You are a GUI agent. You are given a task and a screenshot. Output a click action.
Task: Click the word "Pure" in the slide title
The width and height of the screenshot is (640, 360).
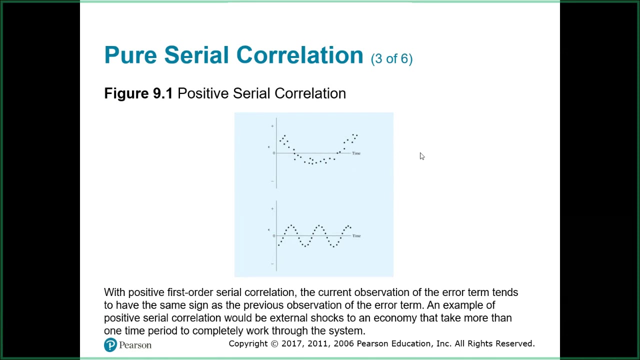130,55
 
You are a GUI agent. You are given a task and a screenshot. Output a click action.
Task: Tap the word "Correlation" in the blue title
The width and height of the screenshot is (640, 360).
299,55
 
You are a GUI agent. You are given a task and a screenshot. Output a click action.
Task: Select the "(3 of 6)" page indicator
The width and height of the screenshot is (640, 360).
391,58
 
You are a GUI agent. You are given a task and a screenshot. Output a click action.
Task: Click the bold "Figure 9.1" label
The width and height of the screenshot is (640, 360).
138,93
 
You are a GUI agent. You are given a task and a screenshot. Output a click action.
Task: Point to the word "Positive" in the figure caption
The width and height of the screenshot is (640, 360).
203,93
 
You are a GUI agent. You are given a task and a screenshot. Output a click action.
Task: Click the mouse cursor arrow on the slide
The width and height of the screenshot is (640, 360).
422,156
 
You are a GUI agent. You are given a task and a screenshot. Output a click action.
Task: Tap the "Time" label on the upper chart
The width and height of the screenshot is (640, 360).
356,153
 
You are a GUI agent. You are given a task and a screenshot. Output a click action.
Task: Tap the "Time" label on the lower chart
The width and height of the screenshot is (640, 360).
356,235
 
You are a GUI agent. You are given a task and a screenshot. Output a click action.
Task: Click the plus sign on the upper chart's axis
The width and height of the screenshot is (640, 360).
272,126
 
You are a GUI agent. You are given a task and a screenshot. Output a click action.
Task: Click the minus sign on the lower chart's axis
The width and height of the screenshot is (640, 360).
272,263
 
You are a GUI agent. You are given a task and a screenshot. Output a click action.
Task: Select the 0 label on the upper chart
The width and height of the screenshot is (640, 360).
273,153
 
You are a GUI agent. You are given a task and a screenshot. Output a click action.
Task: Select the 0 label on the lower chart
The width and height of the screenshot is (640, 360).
273,235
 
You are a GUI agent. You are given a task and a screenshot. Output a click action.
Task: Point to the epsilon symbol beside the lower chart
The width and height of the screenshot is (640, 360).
269,229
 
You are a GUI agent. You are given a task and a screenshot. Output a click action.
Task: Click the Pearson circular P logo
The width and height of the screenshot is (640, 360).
110,345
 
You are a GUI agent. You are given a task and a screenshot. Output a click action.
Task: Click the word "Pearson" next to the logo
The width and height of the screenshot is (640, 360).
135,345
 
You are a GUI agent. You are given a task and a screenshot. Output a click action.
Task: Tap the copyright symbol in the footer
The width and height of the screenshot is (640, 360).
274,344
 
